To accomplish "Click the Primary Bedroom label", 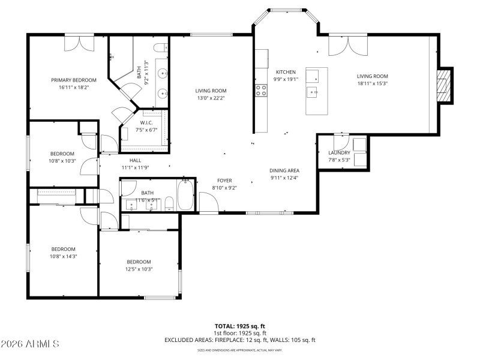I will pyautogui.click(x=74, y=80).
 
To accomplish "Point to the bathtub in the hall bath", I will pyautogui.click(x=185, y=196).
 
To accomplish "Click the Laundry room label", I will pyautogui.click(x=339, y=153).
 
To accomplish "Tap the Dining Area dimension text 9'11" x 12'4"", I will pyautogui.click(x=284, y=178).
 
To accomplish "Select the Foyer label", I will pyautogui.click(x=224, y=181).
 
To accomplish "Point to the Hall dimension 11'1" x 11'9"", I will pyautogui.click(x=135, y=168).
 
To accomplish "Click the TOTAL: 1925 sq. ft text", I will pyautogui.click(x=239, y=326).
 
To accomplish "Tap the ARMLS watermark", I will pyautogui.click(x=30, y=344).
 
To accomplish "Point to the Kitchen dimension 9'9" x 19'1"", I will pyautogui.click(x=286, y=79).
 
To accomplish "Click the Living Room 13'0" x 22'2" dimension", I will pyautogui.click(x=211, y=98).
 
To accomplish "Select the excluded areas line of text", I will pyautogui.click(x=239, y=340).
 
